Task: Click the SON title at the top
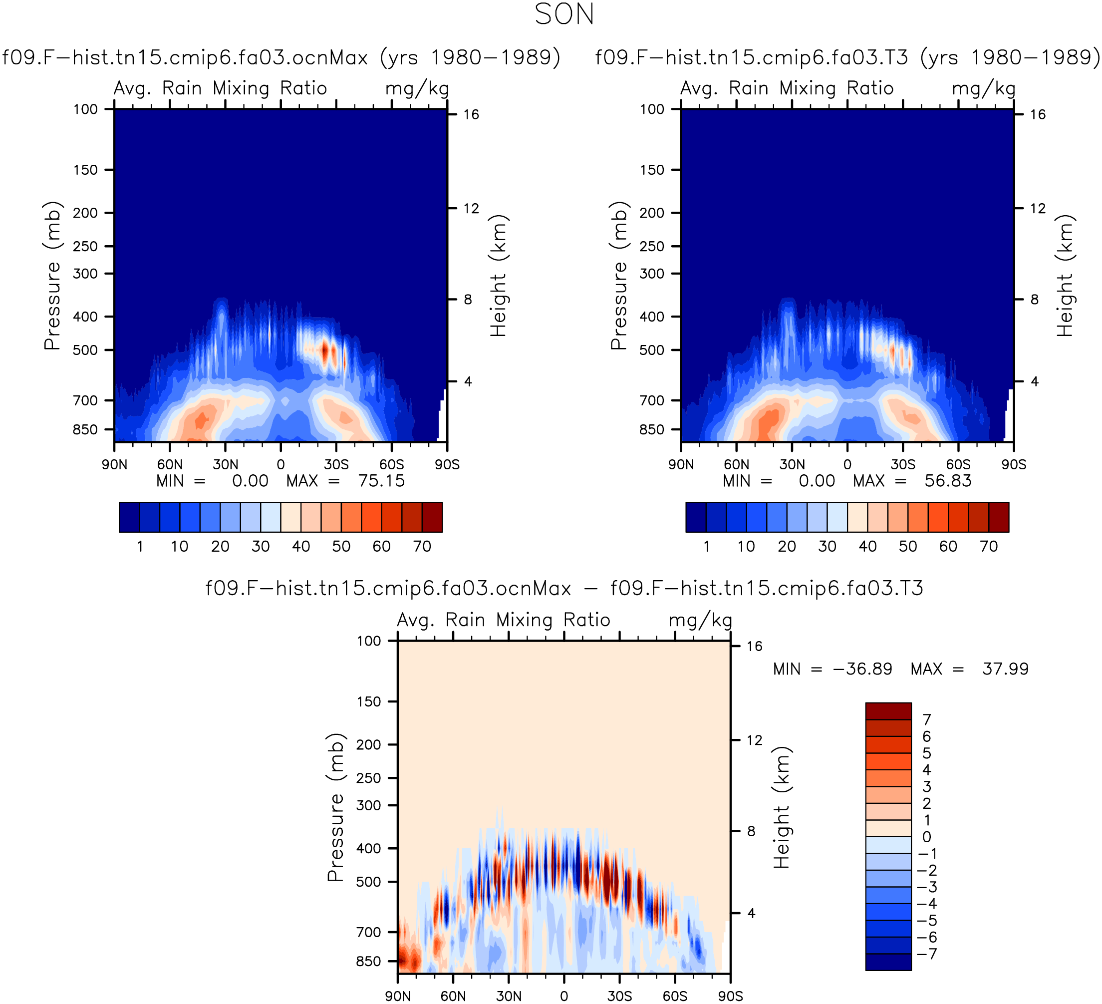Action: [x=564, y=15]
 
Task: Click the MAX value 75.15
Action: [x=381, y=481]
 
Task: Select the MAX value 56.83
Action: [x=948, y=481]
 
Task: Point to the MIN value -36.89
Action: [x=862, y=669]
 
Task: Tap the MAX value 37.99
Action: [x=1005, y=669]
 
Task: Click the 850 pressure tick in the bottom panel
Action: [x=368, y=962]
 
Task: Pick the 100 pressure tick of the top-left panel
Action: [x=85, y=109]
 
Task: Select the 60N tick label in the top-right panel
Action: [x=736, y=465]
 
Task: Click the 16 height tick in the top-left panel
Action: [x=471, y=115]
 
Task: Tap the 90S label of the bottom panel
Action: [x=730, y=997]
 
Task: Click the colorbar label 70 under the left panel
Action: [x=422, y=546]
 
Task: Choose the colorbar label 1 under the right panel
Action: [x=706, y=546]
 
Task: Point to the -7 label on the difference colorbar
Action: [x=926, y=954]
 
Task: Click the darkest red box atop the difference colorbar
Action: [x=888, y=711]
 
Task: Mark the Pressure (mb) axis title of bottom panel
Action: [x=335, y=808]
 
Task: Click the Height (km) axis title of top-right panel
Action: [x=1066, y=275]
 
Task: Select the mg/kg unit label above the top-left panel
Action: [x=417, y=88]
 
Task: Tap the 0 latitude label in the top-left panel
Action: [x=281, y=465]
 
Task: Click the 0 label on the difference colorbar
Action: [x=926, y=837]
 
